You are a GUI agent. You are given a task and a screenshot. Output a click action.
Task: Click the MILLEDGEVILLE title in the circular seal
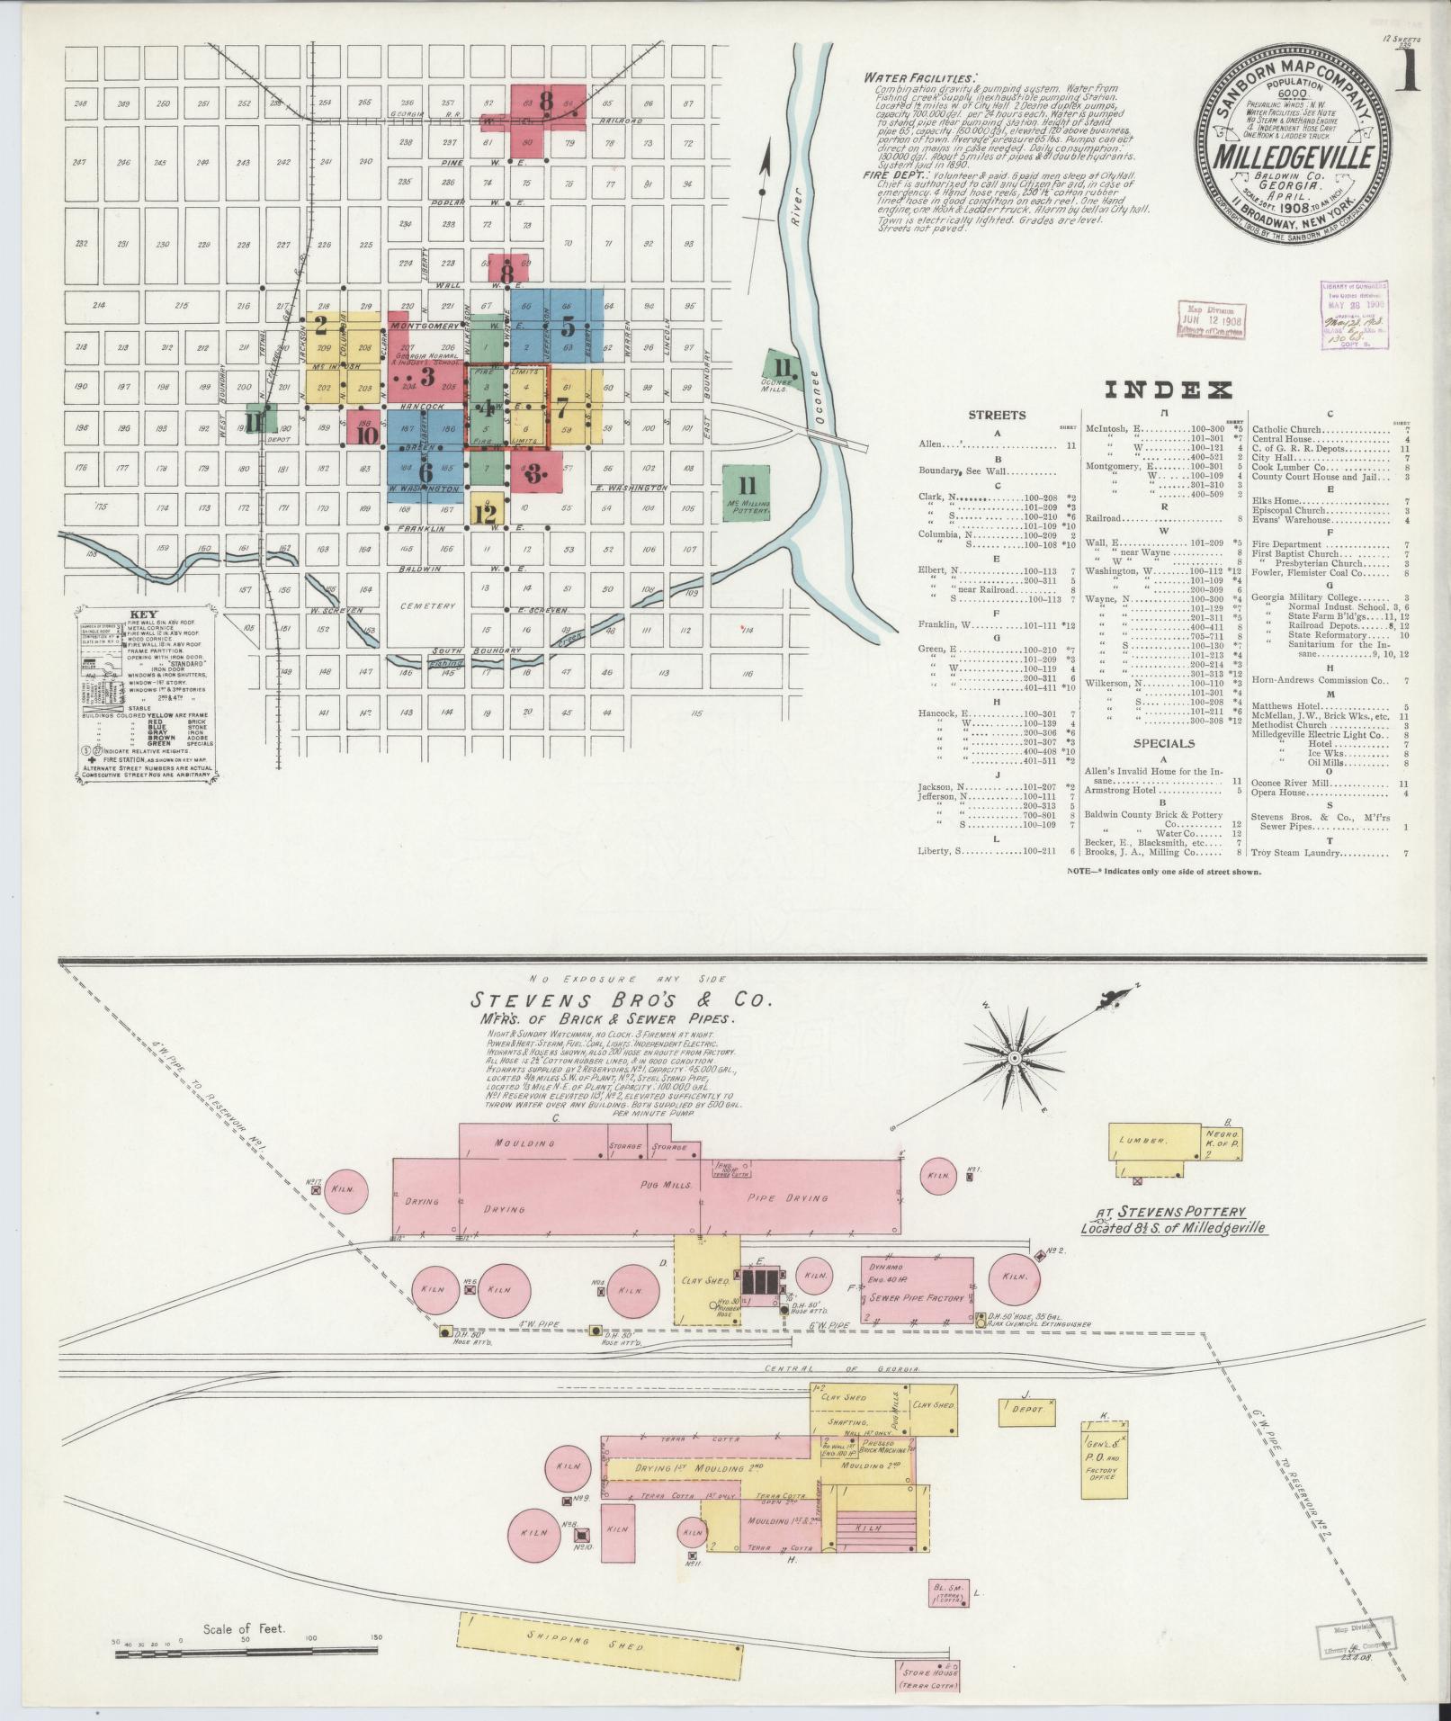[x=1294, y=156]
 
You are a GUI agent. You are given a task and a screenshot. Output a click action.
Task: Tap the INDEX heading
[x=1167, y=390]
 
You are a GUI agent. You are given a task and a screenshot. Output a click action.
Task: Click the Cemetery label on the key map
[x=429, y=605]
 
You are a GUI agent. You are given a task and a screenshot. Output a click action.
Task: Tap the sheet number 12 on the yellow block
[x=485, y=514]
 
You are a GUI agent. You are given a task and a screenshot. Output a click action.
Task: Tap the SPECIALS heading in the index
[x=1163, y=744]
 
